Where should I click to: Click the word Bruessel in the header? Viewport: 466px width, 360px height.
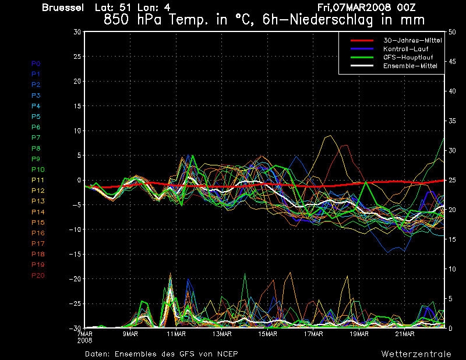[63, 8]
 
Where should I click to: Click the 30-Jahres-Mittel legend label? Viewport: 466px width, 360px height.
[412, 40]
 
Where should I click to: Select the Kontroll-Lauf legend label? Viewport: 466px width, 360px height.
[405, 49]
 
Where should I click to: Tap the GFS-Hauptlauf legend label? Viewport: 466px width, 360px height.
[408, 57]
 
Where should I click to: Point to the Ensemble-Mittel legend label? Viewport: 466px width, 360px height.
[410, 66]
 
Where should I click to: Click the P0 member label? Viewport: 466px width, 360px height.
[36, 63]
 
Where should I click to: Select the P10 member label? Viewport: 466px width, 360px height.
[38, 170]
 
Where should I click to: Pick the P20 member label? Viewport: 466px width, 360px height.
[38, 276]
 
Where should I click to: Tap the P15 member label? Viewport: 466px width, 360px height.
[38, 223]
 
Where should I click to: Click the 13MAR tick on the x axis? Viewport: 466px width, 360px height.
[222, 334]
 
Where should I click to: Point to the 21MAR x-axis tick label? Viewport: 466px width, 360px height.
[405, 334]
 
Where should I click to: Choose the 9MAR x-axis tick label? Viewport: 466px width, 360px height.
[130, 334]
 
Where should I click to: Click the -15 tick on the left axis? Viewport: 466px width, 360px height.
[75, 254]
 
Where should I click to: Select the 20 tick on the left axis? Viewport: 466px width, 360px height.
[77, 81]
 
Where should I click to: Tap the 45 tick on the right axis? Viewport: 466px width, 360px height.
[452, 62]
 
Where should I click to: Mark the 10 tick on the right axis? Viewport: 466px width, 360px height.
[452, 269]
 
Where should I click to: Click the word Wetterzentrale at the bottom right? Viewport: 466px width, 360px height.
[416, 354]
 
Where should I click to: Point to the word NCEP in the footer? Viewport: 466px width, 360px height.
[227, 354]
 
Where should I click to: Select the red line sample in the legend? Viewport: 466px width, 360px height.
[362, 40]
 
